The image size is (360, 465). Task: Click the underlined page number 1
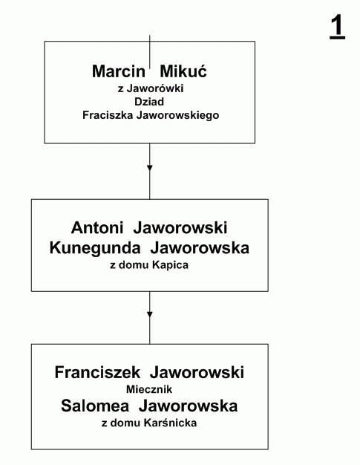(338, 27)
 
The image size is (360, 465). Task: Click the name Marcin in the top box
(119, 71)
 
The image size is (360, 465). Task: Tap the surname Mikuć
(183, 71)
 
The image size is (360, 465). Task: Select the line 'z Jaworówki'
(151, 88)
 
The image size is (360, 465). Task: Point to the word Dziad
(149, 102)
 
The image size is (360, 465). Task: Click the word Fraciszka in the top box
(108, 115)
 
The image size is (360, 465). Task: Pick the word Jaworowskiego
(178, 115)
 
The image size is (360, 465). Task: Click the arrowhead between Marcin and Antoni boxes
(150, 168)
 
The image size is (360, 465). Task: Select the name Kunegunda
(95, 248)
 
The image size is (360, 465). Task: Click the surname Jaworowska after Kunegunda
(200, 248)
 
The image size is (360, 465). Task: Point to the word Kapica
(171, 265)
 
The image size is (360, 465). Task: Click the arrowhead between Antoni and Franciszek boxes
(150, 314)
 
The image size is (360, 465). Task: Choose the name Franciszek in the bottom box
(97, 372)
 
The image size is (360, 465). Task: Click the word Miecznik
(149, 389)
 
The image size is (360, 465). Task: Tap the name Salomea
(95, 406)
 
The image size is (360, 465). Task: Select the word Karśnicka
(171, 423)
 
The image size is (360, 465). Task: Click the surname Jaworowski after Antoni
(180, 228)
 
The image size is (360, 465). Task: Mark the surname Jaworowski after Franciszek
(197, 372)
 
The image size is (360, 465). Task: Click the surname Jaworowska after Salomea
(188, 406)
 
